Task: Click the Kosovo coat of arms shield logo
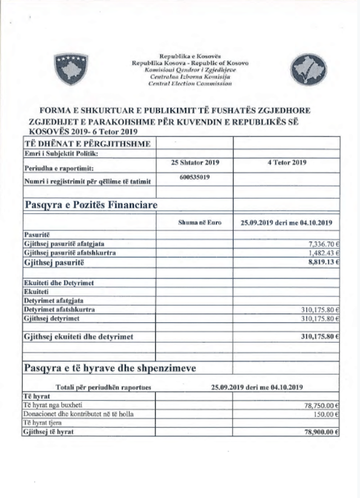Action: [x=71, y=68]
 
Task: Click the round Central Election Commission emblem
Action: [x=309, y=69]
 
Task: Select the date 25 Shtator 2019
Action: [x=195, y=162]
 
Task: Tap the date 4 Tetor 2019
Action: [x=287, y=162]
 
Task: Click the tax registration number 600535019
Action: [x=195, y=177]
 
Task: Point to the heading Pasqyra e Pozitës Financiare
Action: [x=91, y=205]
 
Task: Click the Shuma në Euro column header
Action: [x=200, y=223]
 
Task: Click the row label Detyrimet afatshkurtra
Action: [x=60, y=310]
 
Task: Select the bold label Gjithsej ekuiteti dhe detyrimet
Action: [x=79, y=336]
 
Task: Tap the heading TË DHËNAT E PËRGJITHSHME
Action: [x=87, y=144]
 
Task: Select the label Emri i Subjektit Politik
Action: [x=61, y=154]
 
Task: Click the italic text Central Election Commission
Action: [x=190, y=84]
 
